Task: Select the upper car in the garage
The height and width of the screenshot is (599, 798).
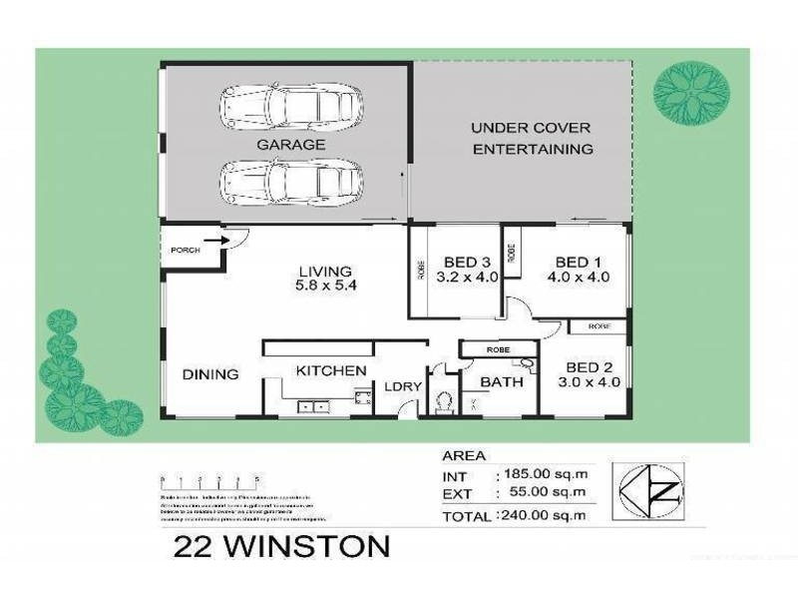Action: coord(283,106)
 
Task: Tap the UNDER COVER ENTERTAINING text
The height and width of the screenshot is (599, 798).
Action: coord(532,139)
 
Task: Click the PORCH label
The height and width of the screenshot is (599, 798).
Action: coord(186,250)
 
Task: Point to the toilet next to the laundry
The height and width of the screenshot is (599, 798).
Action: coord(445,401)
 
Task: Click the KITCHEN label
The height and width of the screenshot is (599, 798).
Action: coord(330,370)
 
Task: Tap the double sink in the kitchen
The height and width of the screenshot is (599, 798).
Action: coord(313,405)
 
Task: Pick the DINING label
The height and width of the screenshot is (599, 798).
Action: coord(210,374)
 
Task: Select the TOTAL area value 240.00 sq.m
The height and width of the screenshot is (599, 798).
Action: coord(539,516)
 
